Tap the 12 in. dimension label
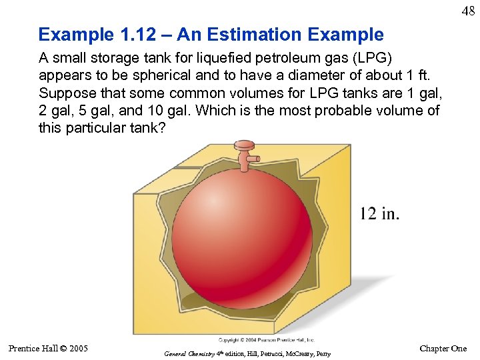pos(379,213)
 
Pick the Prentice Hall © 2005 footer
pos(48,348)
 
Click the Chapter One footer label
pos(443,349)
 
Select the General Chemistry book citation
pos(247,353)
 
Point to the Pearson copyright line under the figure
pos(266,339)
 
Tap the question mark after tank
pos(161,127)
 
